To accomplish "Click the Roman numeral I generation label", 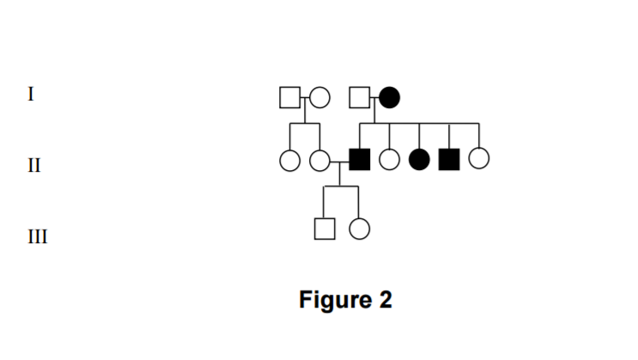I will click(x=31, y=95).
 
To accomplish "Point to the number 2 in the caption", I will click(x=385, y=300).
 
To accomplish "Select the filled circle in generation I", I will click(x=389, y=98).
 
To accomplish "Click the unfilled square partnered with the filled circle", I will click(x=360, y=98).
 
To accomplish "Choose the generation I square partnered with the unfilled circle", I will click(x=290, y=98).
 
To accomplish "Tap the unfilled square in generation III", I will click(x=324, y=229).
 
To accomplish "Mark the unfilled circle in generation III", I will click(x=359, y=229).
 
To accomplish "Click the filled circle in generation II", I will click(x=420, y=159).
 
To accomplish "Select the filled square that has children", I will click(x=360, y=159).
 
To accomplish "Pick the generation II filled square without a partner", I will click(x=449, y=159).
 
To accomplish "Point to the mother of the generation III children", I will click(x=319, y=159).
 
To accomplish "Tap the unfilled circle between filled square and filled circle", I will click(x=390, y=159).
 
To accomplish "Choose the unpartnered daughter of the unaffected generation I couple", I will click(x=290, y=159).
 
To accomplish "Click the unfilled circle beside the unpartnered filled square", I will click(x=479, y=159).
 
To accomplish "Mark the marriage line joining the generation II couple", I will click(x=339, y=159).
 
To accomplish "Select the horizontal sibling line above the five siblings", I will click(x=419, y=124).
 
